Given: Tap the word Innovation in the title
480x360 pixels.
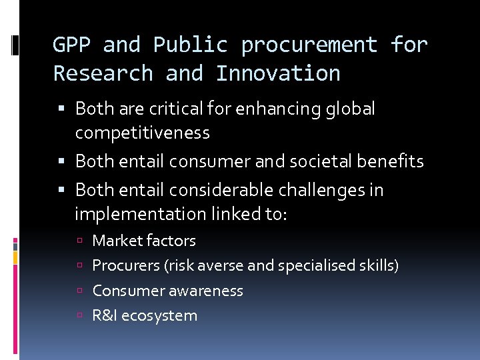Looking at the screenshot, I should (x=278, y=73).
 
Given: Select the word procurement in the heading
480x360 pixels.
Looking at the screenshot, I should (x=310, y=45).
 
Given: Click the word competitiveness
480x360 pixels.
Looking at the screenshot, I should (x=142, y=133).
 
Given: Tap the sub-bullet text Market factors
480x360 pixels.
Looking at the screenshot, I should (x=144, y=241).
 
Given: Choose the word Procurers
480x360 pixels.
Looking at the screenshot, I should (x=125, y=265).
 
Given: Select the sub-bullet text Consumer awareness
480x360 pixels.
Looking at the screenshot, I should (x=167, y=291).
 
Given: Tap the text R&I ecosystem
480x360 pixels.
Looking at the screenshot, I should (x=145, y=315).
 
